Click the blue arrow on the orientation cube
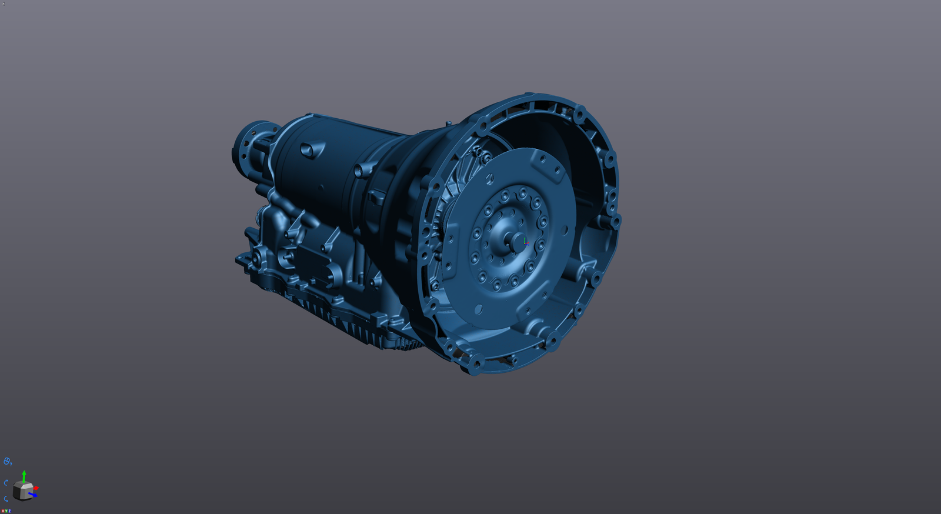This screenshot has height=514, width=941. [34, 495]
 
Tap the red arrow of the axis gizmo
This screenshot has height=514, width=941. [36, 488]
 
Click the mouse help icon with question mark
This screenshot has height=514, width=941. [7, 461]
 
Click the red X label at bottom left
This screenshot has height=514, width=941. [3, 511]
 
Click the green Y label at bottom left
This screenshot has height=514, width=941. [6, 511]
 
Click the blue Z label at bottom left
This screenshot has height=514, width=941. [10, 511]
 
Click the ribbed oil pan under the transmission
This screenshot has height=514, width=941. [353, 329]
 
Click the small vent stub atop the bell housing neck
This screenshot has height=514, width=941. [449, 123]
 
